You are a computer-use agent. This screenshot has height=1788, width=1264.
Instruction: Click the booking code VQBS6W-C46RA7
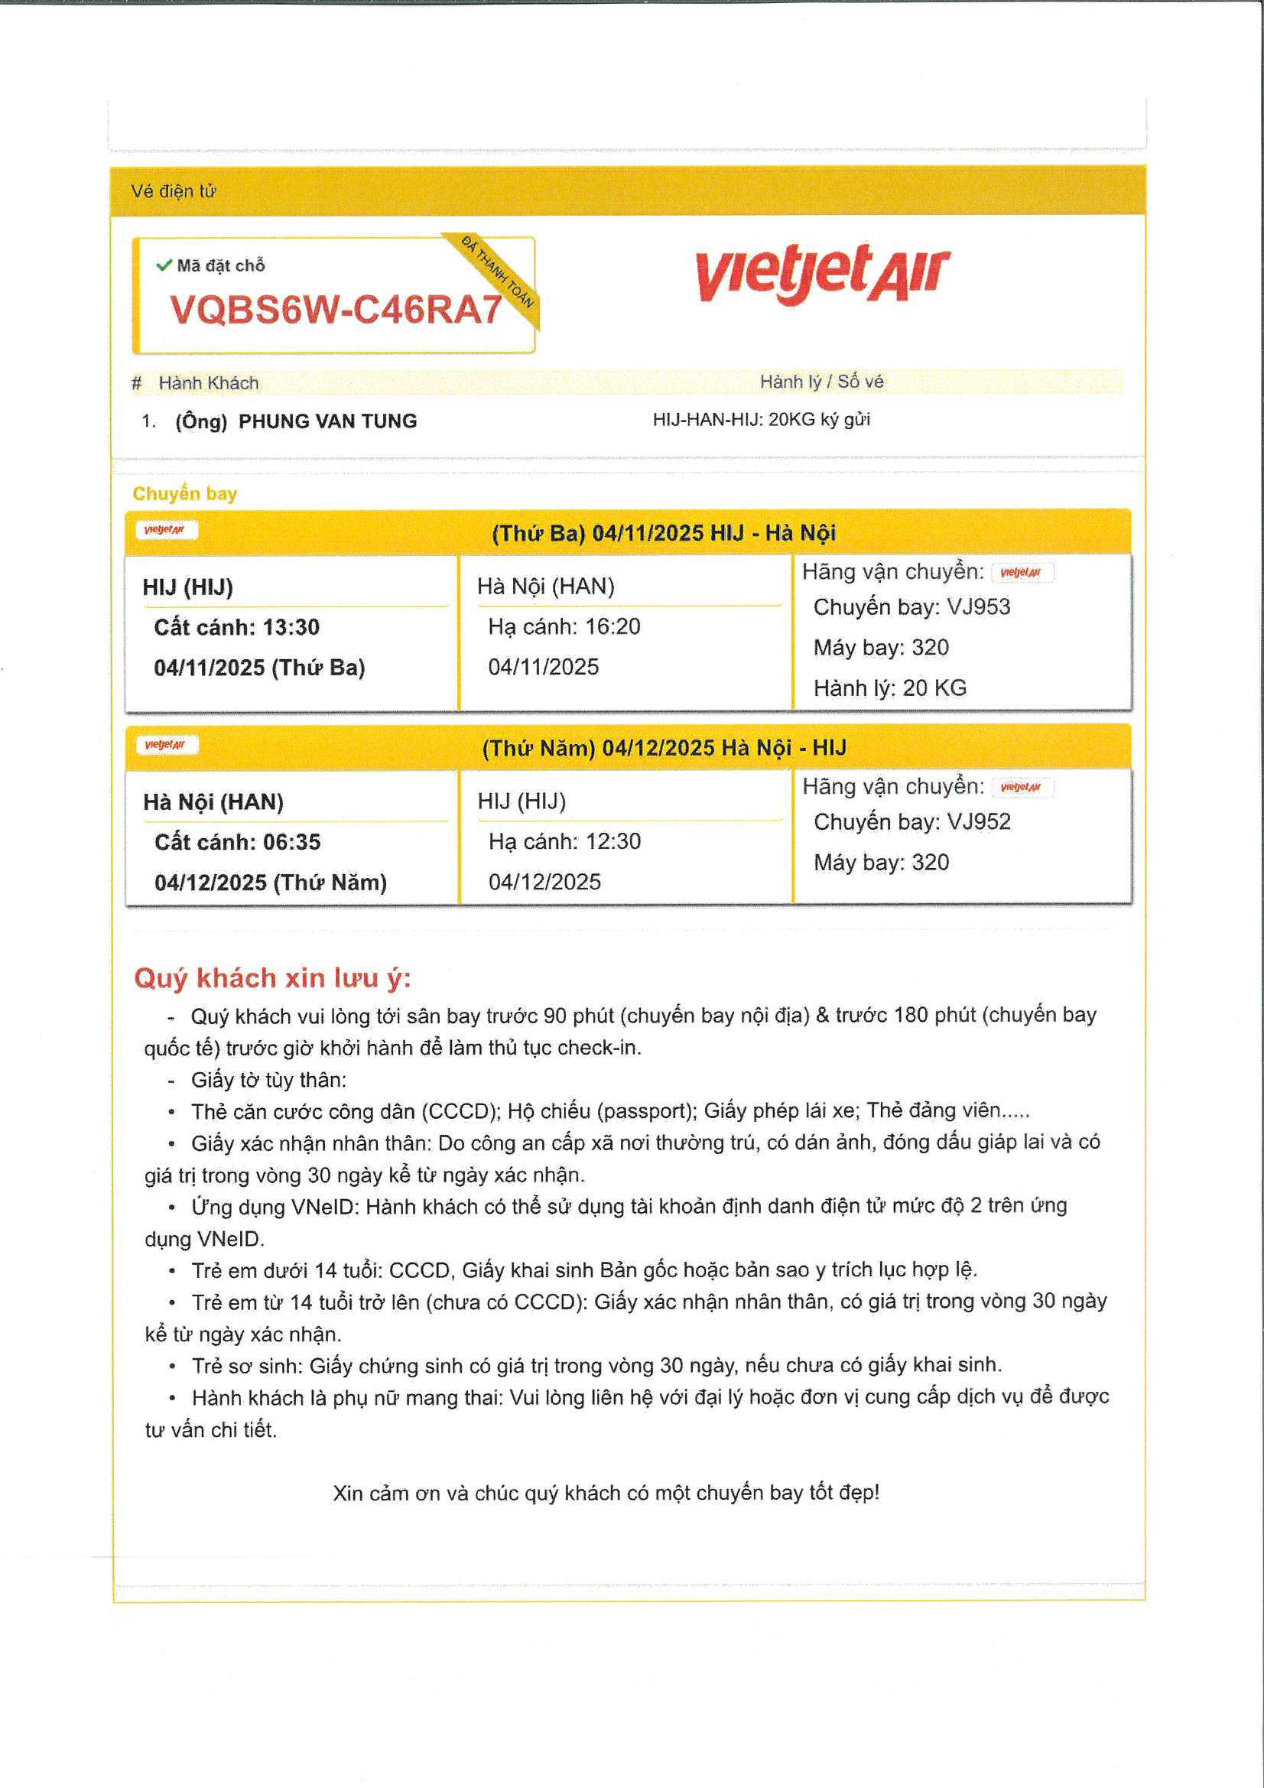(336, 310)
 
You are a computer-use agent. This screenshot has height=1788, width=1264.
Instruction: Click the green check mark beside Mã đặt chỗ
(164, 265)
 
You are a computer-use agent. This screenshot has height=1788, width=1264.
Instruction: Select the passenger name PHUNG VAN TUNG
(327, 421)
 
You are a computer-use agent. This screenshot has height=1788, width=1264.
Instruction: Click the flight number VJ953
(978, 606)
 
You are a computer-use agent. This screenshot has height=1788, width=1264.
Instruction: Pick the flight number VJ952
(978, 821)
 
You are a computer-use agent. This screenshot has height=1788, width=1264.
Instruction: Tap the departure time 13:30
(291, 627)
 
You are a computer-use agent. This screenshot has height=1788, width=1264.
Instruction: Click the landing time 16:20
(614, 626)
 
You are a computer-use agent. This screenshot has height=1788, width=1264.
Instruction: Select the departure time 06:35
(291, 842)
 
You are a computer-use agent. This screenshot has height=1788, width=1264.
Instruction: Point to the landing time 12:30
(614, 841)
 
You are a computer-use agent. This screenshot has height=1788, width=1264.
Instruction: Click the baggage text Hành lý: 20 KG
(890, 688)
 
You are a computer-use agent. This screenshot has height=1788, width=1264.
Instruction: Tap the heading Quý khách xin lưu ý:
(272, 977)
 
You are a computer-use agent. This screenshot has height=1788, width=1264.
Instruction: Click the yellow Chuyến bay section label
(184, 494)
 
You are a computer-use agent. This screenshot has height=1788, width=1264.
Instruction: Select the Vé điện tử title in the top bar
(173, 190)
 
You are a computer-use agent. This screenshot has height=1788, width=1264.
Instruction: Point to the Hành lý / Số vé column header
(822, 382)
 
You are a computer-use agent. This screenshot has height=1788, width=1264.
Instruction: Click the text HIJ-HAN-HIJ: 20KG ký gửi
(761, 420)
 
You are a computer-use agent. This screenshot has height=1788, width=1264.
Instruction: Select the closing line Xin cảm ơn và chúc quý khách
(606, 1493)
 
